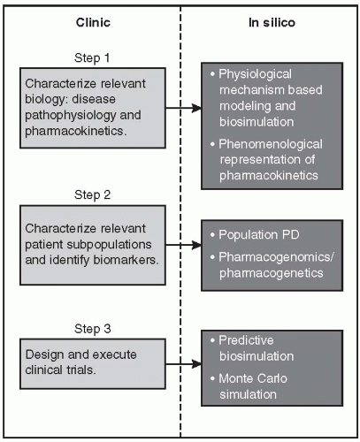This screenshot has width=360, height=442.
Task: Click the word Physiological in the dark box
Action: click(x=259, y=74)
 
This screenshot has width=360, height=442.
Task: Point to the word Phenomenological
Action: click(x=272, y=144)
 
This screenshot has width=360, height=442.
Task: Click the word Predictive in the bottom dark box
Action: click(x=251, y=340)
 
